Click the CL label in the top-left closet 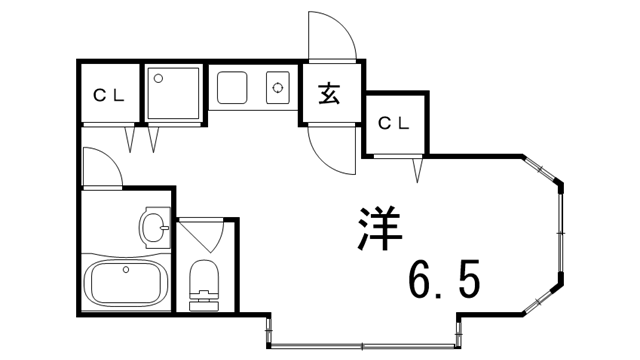[109, 96]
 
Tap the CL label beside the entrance [393, 123]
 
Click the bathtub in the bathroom [124, 283]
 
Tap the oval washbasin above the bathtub [154, 229]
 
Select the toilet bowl [204, 274]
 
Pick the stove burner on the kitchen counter [277, 88]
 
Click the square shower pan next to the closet [174, 93]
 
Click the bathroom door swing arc [103, 166]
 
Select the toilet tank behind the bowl [203, 297]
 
